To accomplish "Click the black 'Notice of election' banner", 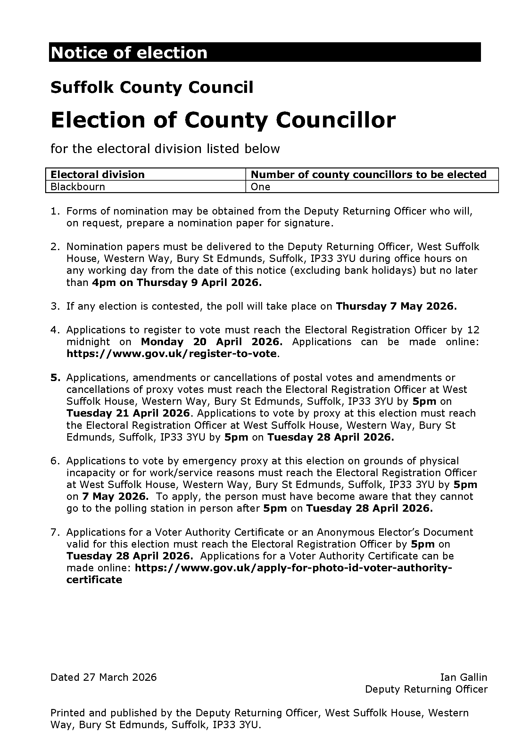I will coord(264,52).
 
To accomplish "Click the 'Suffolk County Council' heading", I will coord(152,87).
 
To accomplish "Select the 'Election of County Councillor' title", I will coord(223,120).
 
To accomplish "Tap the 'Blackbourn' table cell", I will coord(78,187).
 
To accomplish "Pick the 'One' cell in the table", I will coord(261,187).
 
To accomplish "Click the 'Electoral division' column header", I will coord(97,175).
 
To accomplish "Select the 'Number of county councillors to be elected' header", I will coord(369,175).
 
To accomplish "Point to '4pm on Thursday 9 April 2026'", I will coord(177,282).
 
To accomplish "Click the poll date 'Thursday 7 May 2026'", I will coord(396,306).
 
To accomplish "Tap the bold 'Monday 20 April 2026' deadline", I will coord(211,342).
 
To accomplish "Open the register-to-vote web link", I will coord(172,354).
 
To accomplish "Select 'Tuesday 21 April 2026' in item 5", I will coord(128,413).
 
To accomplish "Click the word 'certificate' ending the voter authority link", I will coord(94,580).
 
